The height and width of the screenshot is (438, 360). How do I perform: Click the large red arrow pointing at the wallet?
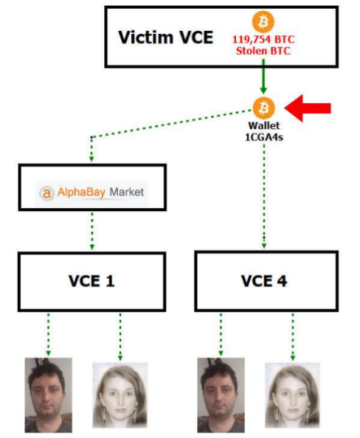click(x=308, y=108)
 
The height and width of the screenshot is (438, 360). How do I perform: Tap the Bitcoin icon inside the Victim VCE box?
click(x=263, y=22)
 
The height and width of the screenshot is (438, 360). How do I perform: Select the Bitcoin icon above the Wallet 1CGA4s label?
click(x=264, y=108)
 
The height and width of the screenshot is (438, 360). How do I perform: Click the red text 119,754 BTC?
click(x=264, y=39)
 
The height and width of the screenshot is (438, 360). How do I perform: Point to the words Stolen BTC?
click(x=263, y=51)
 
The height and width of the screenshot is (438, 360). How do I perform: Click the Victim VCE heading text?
click(x=166, y=37)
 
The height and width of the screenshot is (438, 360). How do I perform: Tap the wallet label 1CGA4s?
click(x=264, y=137)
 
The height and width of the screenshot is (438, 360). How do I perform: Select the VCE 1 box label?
click(x=91, y=281)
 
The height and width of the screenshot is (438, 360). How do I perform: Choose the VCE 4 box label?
click(x=264, y=281)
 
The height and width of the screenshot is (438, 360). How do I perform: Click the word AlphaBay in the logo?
click(x=81, y=192)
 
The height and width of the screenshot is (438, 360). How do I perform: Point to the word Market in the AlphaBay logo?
click(x=127, y=192)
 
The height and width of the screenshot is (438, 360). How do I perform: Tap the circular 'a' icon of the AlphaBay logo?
click(x=46, y=193)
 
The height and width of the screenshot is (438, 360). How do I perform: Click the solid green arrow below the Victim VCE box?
click(x=263, y=77)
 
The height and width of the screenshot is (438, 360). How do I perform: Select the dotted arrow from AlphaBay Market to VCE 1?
click(x=92, y=231)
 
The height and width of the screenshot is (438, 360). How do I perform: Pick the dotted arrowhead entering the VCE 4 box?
click(x=264, y=246)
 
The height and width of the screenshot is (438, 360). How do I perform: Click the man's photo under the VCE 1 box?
click(x=49, y=395)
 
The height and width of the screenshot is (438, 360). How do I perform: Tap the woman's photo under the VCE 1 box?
click(x=120, y=395)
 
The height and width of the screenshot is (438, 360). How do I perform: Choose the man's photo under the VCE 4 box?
click(x=221, y=395)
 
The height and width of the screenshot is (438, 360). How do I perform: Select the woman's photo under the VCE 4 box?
click(x=293, y=395)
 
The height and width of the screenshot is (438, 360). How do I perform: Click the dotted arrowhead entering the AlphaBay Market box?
click(x=91, y=159)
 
